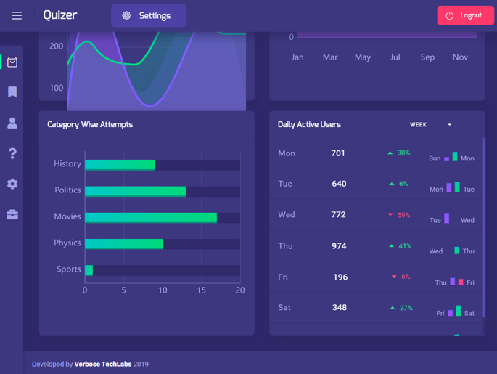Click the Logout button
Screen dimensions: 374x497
(x=465, y=15)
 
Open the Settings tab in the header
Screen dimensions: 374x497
(x=148, y=15)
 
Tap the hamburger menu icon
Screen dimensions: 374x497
(x=17, y=15)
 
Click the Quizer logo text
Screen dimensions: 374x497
(x=59, y=15)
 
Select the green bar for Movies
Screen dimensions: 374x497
(x=151, y=217)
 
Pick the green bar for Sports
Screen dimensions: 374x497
(x=89, y=270)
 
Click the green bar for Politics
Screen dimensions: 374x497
(x=135, y=191)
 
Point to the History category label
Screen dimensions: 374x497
(x=67, y=164)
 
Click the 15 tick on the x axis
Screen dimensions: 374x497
(x=201, y=290)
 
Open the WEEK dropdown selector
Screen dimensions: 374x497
(x=430, y=125)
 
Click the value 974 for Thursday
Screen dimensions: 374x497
(x=339, y=246)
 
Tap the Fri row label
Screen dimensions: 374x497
(x=283, y=277)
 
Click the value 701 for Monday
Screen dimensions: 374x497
(x=338, y=153)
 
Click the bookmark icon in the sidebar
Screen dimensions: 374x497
(x=12, y=92)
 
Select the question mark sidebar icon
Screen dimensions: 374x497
(x=12, y=153)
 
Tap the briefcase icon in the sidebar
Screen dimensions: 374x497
(x=12, y=215)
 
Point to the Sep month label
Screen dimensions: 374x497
(x=427, y=57)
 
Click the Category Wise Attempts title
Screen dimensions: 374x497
(x=90, y=125)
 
